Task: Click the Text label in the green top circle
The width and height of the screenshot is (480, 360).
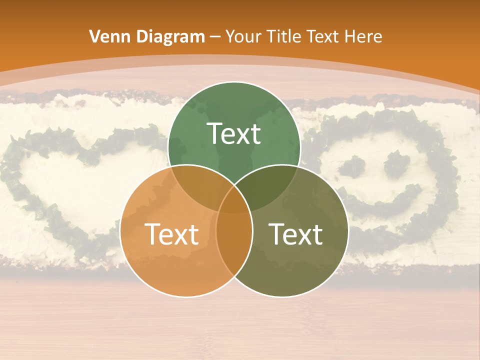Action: (233, 134)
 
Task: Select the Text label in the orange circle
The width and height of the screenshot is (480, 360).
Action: (171, 234)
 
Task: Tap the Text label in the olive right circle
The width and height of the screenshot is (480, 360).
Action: (296, 234)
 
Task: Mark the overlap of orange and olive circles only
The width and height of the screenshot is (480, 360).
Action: (234, 250)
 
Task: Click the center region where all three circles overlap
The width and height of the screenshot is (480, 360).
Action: (234, 202)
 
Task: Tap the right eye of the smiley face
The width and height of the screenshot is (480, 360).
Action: (397, 163)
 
